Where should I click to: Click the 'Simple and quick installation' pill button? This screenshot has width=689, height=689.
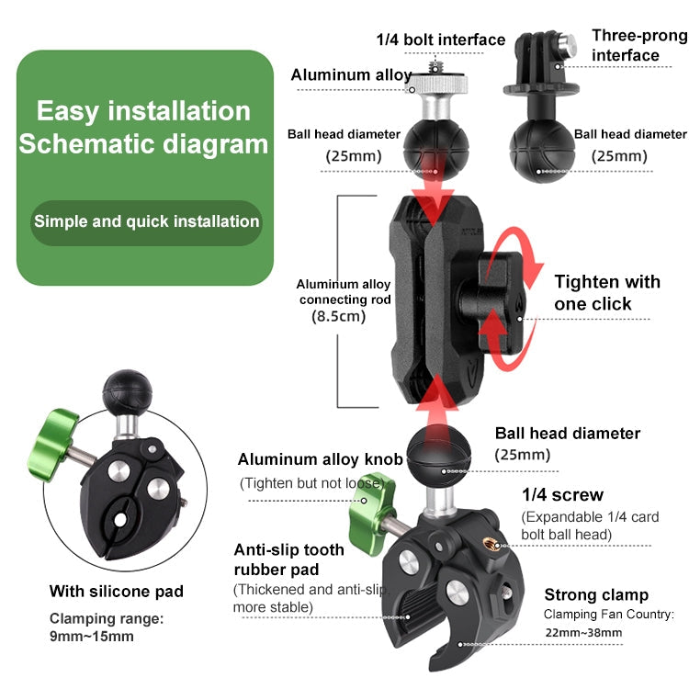[x=146, y=221]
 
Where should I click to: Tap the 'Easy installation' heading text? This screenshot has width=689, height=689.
[x=143, y=112]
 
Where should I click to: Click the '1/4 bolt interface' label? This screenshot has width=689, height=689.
[x=441, y=40]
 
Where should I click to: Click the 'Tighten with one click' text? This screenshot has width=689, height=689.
[x=606, y=292]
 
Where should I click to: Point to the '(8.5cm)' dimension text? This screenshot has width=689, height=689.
[x=338, y=316]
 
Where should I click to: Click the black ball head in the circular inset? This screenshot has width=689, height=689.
[x=120, y=391]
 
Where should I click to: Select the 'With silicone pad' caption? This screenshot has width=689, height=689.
[x=117, y=591]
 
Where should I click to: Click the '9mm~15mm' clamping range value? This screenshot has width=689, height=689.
[x=91, y=636]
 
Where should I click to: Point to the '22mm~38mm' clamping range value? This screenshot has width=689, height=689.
[x=582, y=632]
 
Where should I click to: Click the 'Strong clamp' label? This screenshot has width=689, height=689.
[x=596, y=594]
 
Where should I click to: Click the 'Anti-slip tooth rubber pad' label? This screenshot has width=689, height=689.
[x=289, y=559]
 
